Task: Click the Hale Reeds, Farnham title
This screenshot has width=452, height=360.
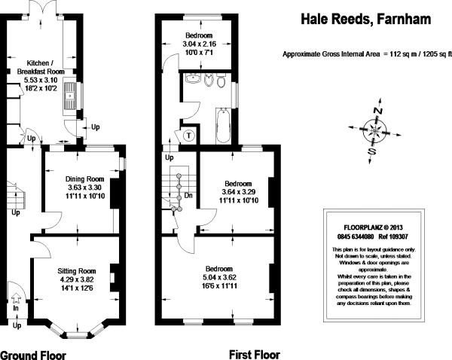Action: click(366, 20)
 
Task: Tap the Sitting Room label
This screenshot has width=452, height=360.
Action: click(77, 271)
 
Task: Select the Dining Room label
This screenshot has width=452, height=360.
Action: click(84, 179)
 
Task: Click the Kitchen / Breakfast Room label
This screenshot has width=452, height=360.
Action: click(41, 67)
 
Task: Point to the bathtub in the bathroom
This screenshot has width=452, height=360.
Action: click(223, 126)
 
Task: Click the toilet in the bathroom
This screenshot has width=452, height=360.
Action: click(221, 81)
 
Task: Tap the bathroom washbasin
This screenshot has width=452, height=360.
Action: click(194, 78)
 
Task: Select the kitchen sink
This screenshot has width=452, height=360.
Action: click(70, 96)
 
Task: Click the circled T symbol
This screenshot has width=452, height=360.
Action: click(188, 136)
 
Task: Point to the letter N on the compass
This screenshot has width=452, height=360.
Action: click(378, 111)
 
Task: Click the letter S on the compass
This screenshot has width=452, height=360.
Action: click(372, 151)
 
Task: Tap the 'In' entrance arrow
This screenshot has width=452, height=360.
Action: click(16, 298)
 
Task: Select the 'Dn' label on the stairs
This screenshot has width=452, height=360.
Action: click(188, 196)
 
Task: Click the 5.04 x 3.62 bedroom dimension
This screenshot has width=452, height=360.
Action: click(220, 277)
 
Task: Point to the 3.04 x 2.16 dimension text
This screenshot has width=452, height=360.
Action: click(199, 44)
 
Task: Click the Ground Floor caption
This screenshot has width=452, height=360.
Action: click(33, 355)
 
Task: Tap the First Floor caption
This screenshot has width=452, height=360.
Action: click(255, 355)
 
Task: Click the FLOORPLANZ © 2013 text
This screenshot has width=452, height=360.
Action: click(374, 227)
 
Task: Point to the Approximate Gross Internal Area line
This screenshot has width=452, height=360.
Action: click(368, 54)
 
